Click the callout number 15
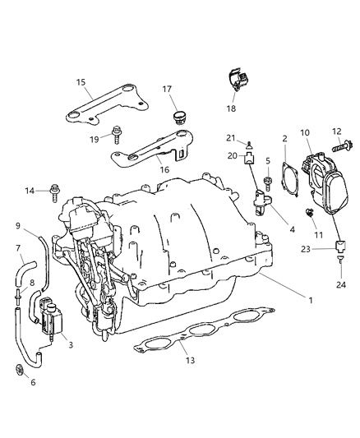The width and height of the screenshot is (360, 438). point(81,82)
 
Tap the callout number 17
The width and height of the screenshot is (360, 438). point(167,89)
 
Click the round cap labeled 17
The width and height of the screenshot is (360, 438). point(177,117)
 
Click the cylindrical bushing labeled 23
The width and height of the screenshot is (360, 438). point(338,245)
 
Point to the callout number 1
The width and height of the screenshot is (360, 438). point(310,300)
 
